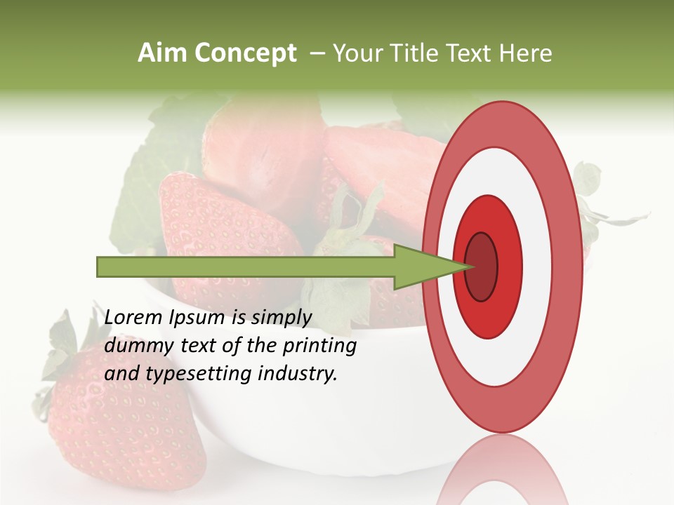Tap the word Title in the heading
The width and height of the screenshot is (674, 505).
click(x=418, y=53)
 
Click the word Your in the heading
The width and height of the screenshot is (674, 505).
click(x=357, y=53)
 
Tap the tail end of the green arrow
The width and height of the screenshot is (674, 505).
click(x=102, y=267)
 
